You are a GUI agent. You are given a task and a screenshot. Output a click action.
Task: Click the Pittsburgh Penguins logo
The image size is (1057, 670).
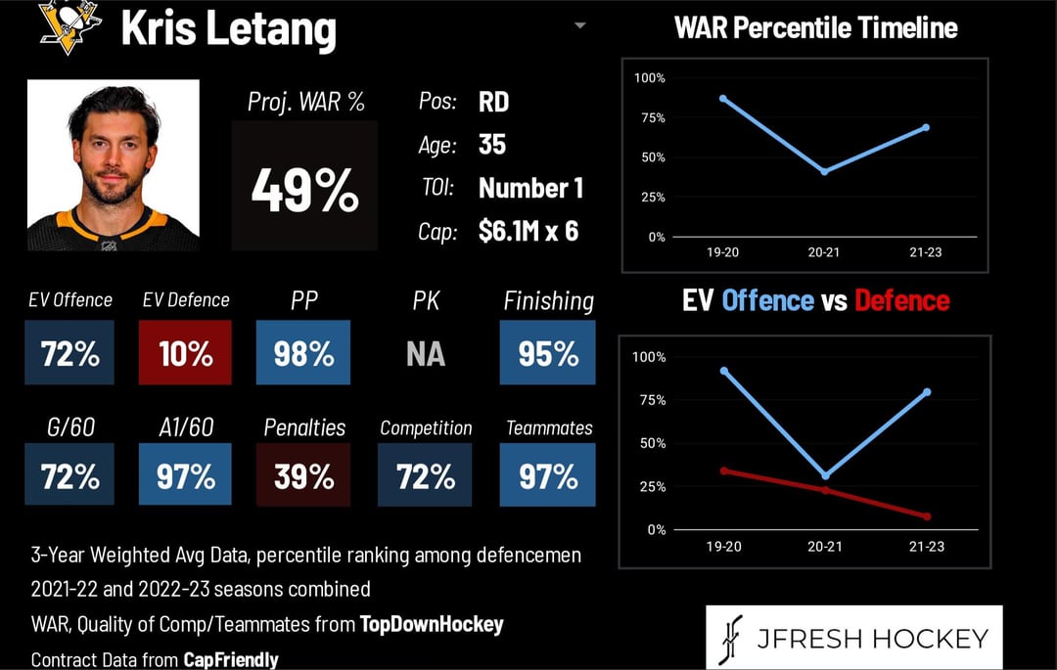[69, 27]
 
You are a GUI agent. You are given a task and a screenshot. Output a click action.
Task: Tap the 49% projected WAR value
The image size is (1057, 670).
[304, 191]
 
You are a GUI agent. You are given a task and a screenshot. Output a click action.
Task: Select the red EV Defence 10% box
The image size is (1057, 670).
[185, 352]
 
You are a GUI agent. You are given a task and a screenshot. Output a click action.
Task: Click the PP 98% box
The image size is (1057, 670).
[303, 352]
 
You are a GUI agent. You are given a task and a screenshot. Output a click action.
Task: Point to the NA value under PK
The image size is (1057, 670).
[426, 353]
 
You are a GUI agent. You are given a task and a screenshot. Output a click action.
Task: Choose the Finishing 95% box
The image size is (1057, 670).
[547, 352]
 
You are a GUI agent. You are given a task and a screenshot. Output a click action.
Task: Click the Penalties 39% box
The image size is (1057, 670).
[303, 474]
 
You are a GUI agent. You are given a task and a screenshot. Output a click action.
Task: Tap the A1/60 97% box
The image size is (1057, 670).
[185, 474]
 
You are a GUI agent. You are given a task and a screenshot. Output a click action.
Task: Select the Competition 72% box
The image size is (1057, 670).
[425, 474]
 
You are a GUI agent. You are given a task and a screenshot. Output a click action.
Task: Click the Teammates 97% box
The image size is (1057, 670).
[547, 474]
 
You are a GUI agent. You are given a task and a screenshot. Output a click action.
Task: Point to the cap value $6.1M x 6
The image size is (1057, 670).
[528, 231]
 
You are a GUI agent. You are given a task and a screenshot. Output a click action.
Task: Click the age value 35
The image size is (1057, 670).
[492, 144]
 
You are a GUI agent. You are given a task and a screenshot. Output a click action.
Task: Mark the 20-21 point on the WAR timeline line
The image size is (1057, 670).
[824, 172]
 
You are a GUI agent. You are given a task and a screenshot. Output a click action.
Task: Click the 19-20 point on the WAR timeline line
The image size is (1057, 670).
[723, 99]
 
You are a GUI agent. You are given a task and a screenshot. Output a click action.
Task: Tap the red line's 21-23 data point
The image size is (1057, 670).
[928, 516]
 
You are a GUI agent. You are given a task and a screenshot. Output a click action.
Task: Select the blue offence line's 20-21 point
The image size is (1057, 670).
[826, 476]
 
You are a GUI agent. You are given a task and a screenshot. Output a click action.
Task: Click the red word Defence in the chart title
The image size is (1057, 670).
[902, 300]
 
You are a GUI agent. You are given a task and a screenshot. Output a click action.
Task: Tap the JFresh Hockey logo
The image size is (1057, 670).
[854, 637]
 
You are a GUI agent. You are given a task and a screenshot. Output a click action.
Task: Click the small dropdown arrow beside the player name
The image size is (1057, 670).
[579, 26]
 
